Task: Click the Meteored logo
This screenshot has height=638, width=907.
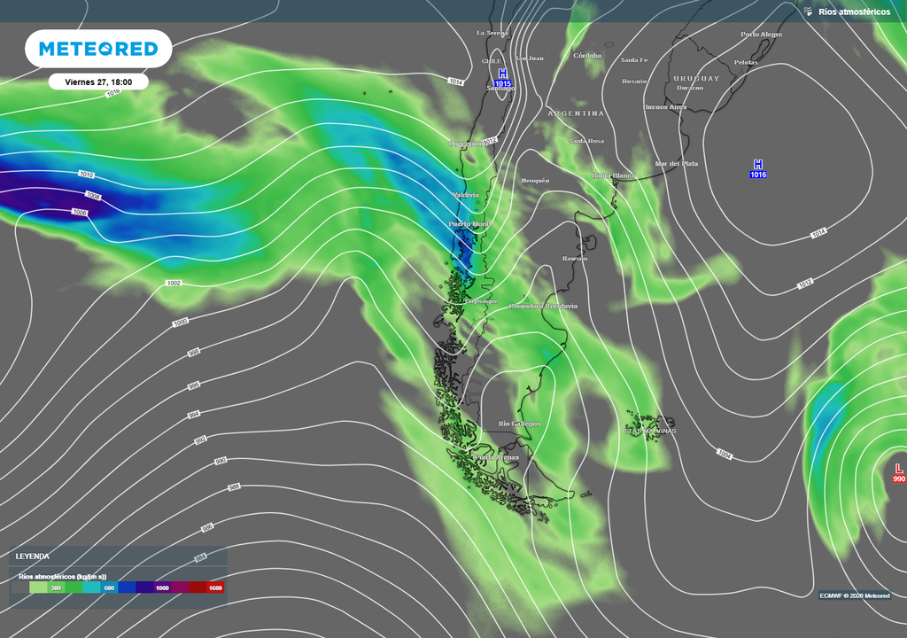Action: tap(98, 49)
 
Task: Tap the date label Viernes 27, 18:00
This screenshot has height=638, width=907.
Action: tap(98, 82)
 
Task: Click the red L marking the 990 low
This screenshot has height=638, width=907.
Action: tap(899, 468)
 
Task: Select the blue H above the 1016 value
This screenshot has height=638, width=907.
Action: tap(757, 164)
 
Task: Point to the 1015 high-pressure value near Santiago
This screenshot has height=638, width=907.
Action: tap(502, 83)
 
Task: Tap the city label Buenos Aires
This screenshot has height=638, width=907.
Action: tap(664, 107)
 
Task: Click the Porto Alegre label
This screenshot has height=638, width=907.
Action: tap(761, 35)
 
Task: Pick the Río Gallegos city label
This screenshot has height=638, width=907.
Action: tap(519, 424)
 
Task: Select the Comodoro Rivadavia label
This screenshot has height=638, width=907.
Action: tap(543, 306)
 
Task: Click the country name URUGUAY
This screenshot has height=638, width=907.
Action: tap(695, 78)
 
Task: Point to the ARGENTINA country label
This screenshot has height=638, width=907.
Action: tap(576, 113)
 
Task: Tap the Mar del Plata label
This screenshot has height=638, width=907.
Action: tap(676, 164)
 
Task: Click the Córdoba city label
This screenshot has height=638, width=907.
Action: tap(587, 56)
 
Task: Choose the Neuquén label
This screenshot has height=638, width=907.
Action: tap(535, 180)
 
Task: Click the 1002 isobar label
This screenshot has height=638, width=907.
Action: tap(174, 283)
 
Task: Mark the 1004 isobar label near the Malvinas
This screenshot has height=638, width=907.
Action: tap(725, 454)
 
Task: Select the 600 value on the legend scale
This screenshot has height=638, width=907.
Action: tap(109, 587)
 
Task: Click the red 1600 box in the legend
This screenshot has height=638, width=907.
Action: tap(214, 587)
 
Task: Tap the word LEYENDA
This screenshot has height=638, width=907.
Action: tap(33, 556)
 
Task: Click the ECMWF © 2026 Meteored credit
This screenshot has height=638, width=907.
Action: tap(855, 595)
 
